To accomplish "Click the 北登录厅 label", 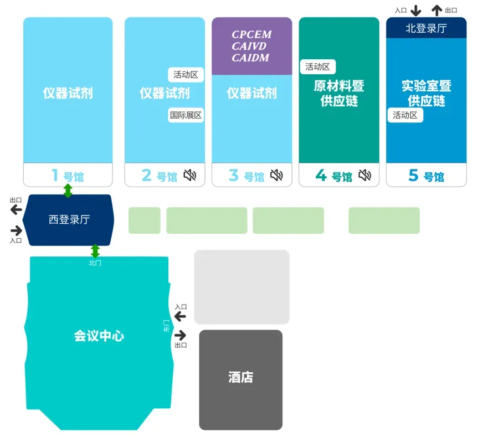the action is pos(426,28).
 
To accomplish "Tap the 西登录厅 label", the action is pos(69,220).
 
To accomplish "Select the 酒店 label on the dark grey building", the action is pos(240,378).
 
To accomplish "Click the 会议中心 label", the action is pos(99,336).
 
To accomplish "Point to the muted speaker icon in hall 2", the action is pos(190,176).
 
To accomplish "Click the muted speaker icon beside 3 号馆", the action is pos(276,176).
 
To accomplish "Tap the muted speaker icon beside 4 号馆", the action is pos(364,176).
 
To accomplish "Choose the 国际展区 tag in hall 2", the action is pos(186,115).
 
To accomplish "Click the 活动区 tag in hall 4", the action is pos(318,66).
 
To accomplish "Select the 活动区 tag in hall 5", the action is pos(405,115).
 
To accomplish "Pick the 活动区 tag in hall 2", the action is pos(186,75).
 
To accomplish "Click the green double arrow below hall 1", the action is pos(68,191).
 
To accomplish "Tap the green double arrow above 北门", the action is pos(95,251).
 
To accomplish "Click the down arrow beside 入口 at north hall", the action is pos(416,10).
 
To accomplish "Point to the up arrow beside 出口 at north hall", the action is pos(437,10).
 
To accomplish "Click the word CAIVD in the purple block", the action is pos(251,47).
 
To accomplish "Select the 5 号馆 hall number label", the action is pos(426,176).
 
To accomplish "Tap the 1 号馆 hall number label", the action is pos(68,176).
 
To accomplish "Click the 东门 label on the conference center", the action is pos(167,326).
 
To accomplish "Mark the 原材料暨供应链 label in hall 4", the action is pos(339,94).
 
